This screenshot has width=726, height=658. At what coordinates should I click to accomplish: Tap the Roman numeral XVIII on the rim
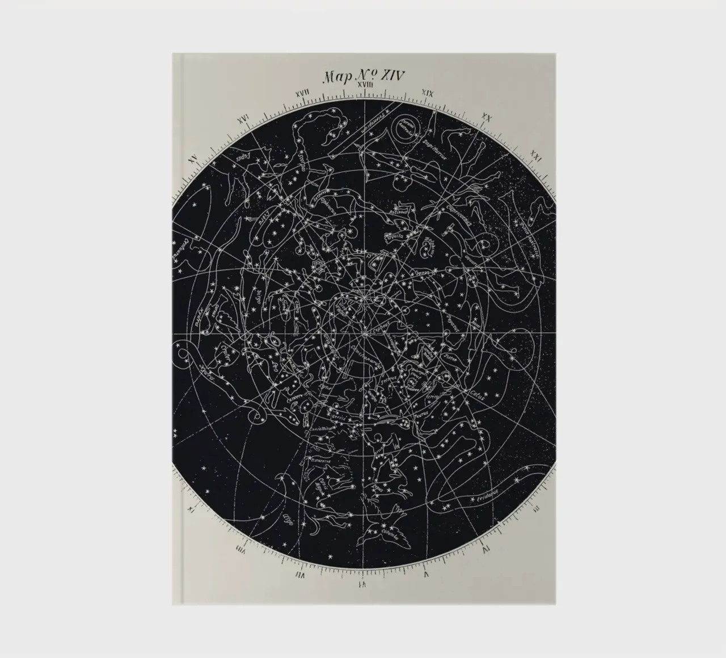tap(364, 85)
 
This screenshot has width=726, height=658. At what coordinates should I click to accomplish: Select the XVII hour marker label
tap(302, 92)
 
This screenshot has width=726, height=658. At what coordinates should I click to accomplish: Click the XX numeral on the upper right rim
tap(486, 117)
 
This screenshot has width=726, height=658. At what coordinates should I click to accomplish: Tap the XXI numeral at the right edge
tap(534, 157)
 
